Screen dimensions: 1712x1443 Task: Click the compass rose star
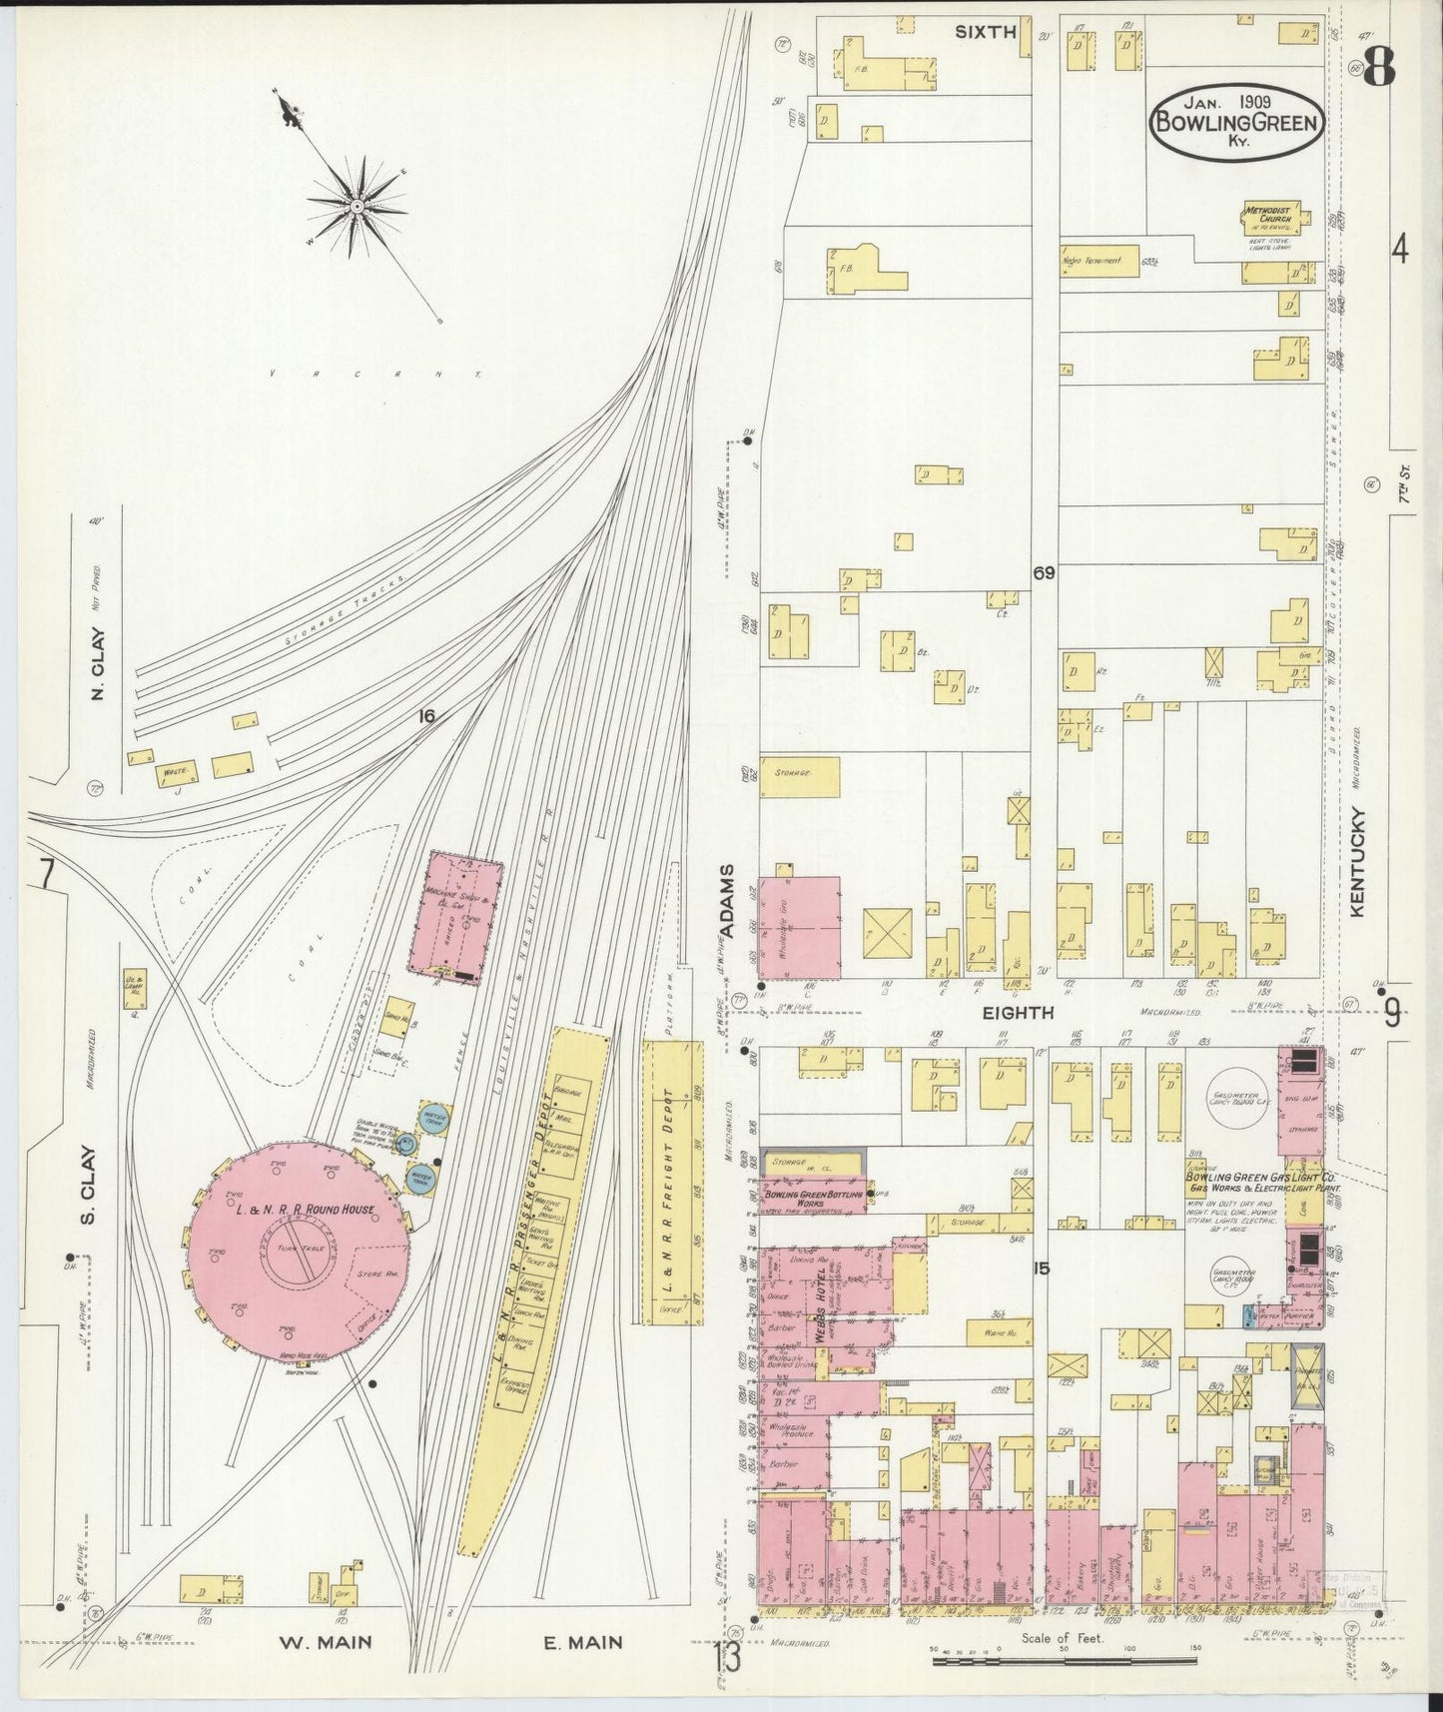357,207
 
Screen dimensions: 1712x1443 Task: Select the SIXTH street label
985,32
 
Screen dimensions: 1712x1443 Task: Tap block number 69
1045,573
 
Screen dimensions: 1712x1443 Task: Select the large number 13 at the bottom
728,1662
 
